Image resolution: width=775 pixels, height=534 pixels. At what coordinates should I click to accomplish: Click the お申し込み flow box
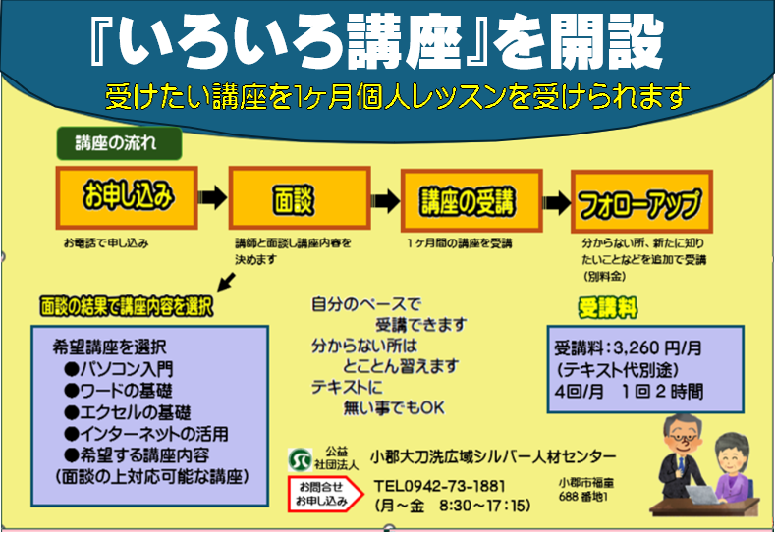[x=128, y=198]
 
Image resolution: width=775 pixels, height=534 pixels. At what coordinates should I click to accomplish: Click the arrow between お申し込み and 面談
[x=211, y=197]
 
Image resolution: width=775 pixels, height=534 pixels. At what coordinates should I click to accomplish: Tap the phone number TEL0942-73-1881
[x=440, y=486]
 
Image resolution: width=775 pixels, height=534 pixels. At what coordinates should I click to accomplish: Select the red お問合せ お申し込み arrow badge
[x=324, y=493]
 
